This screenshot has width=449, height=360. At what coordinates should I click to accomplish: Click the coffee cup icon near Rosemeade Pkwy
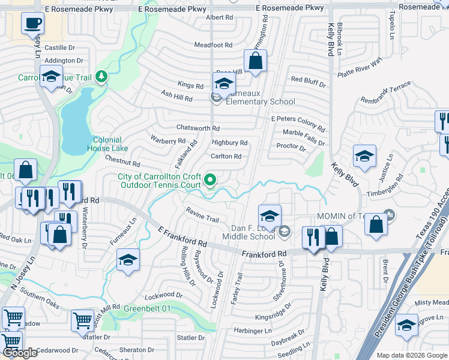point(32,24)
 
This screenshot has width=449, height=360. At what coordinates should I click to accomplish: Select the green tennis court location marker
point(210,179)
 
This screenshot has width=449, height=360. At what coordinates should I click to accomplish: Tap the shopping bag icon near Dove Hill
point(255,61)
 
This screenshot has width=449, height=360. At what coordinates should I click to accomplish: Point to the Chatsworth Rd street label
point(198,128)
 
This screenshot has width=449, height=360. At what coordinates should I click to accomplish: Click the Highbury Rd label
point(229,143)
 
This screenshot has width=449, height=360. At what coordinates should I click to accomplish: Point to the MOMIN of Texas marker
point(390,214)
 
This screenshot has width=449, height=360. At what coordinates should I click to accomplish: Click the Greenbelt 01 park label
point(147,308)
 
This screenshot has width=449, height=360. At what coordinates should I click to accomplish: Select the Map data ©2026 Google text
point(411,355)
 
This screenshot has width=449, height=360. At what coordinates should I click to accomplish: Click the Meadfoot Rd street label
point(213,45)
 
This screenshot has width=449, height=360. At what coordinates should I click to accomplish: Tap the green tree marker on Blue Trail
point(101,76)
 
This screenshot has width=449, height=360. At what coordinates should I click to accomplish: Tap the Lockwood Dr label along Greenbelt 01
point(163,295)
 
